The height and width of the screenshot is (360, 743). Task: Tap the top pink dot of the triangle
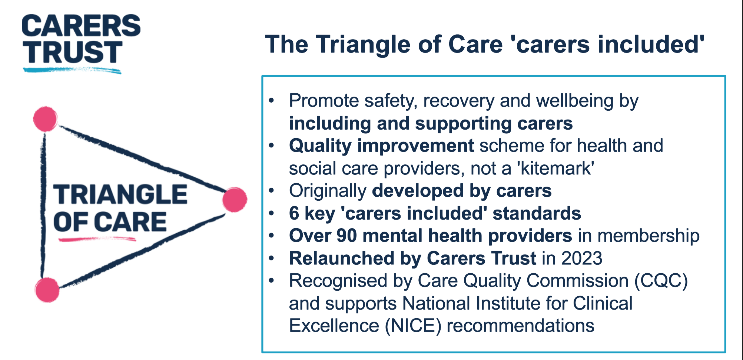45,119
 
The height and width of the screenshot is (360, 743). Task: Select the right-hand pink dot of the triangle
235,200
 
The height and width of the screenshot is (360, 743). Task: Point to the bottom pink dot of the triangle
47,290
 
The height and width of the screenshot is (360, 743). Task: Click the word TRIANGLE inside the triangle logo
120,194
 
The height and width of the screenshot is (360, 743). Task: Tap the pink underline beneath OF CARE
97,239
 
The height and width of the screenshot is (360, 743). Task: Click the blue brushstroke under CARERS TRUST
72,70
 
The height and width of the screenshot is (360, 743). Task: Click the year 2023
582,258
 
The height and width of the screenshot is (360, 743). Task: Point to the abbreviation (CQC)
661,281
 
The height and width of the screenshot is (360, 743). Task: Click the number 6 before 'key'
294,213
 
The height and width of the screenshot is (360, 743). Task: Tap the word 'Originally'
328,191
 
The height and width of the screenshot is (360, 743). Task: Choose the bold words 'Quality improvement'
381,146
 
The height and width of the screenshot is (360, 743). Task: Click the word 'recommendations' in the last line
521,326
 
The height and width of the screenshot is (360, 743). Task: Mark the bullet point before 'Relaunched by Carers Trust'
272,258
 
